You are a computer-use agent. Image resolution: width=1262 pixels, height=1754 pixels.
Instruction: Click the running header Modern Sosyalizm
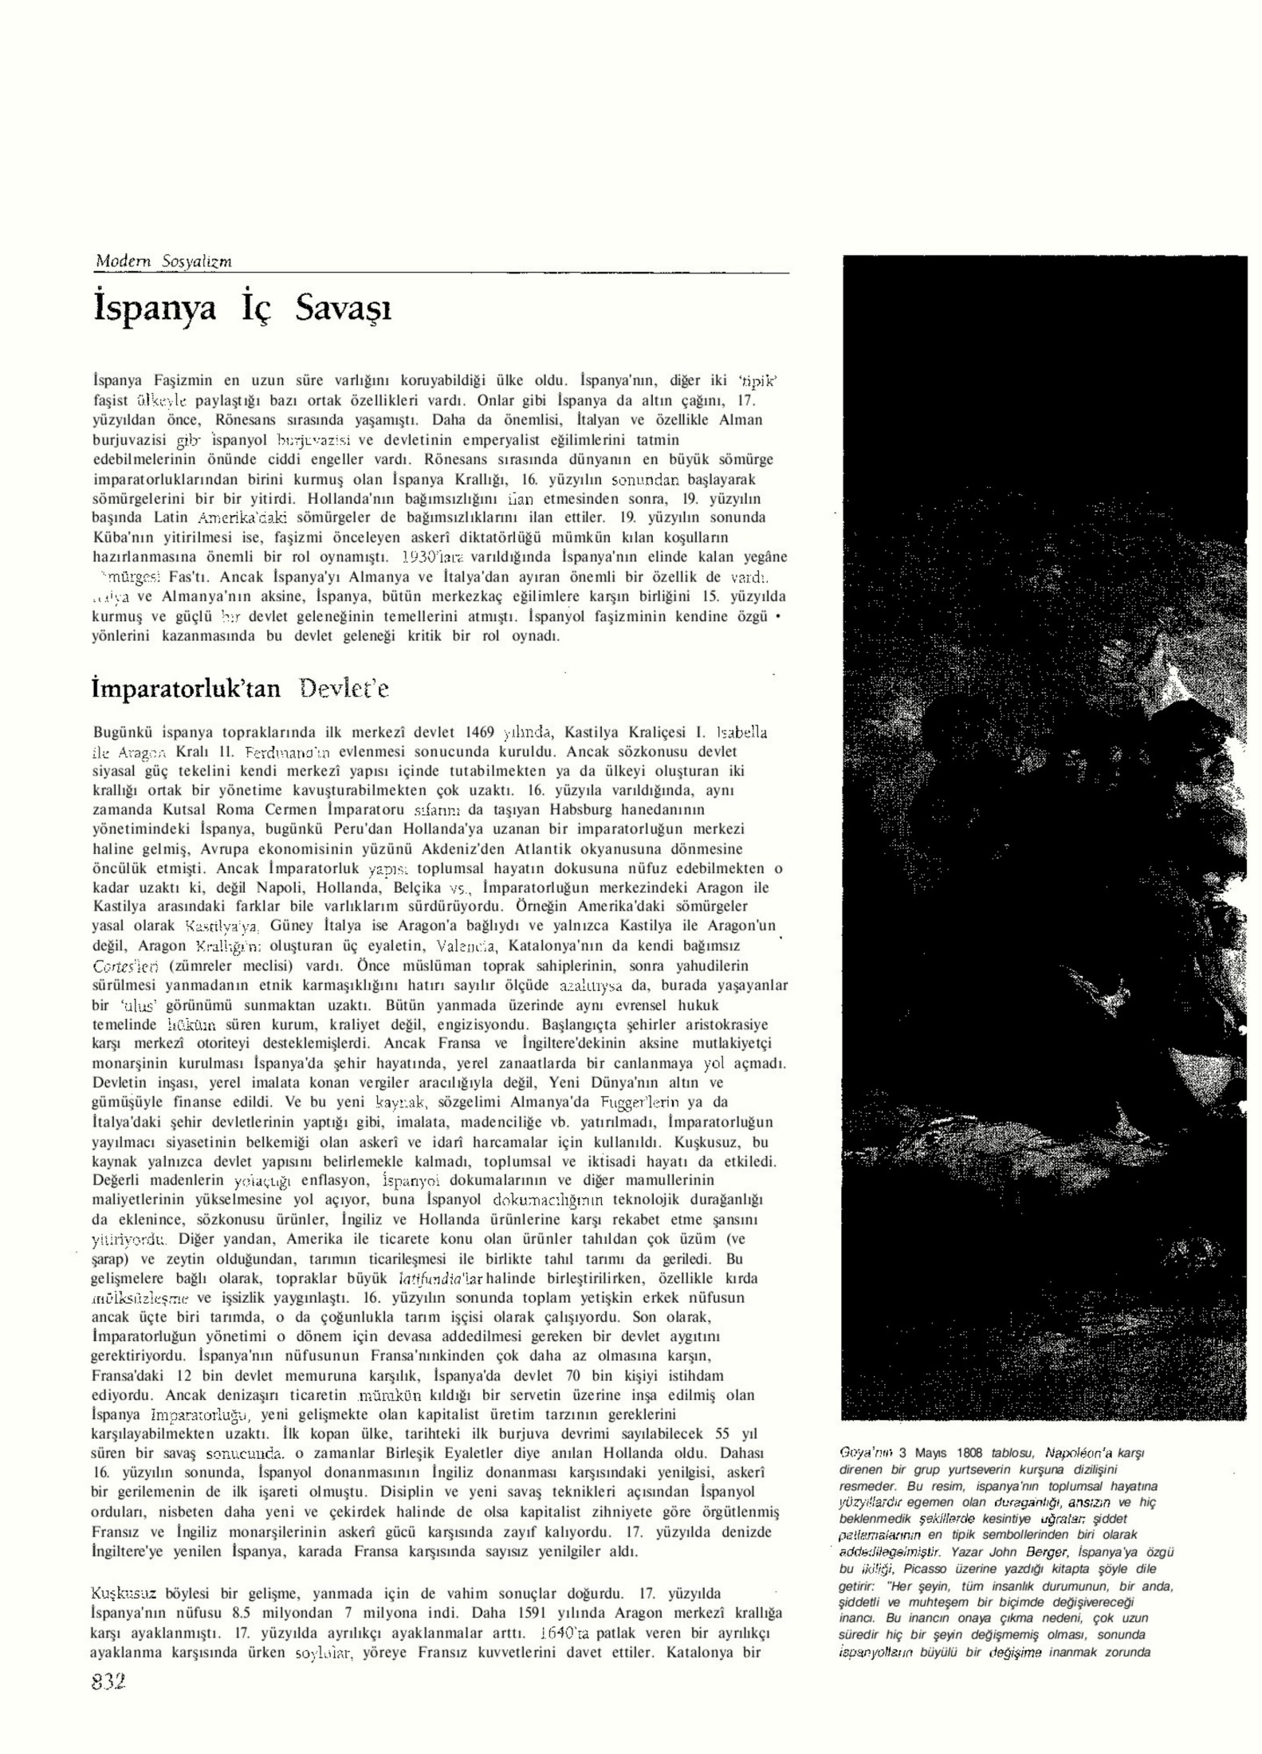[163, 261]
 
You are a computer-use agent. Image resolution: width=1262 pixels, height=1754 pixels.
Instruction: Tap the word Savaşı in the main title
[344, 309]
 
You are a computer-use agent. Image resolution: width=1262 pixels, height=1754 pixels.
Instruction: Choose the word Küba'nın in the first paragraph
[121, 537]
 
